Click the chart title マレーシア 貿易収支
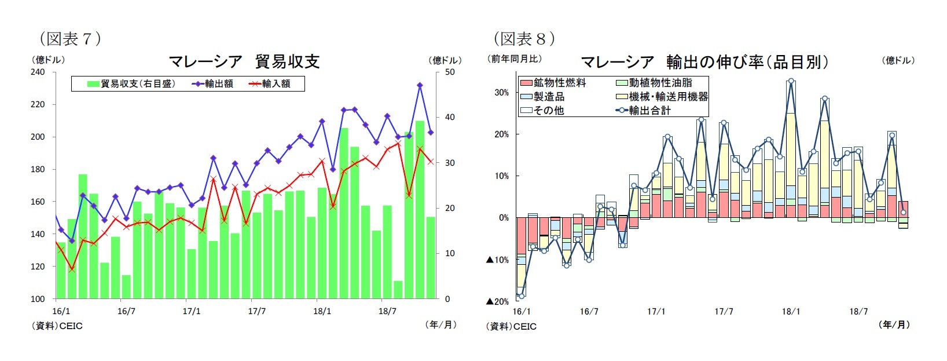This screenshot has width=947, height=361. (x=244, y=61)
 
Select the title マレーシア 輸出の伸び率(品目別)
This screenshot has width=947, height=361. (x=704, y=62)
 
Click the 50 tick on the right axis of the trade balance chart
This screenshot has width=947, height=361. (x=450, y=72)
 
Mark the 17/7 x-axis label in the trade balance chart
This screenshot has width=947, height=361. (x=256, y=311)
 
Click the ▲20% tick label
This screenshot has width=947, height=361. (x=497, y=301)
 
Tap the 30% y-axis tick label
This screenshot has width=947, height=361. (x=501, y=93)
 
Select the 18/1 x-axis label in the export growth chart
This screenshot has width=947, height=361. (x=791, y=312)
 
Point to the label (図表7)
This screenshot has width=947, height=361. (x=70, y=39)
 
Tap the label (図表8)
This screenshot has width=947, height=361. (x=524, y=39)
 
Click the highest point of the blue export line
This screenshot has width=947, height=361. (x=420, y=85)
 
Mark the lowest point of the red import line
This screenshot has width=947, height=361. (x=72, y=269)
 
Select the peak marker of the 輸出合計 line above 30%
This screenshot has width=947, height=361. (x=791, y=82)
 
